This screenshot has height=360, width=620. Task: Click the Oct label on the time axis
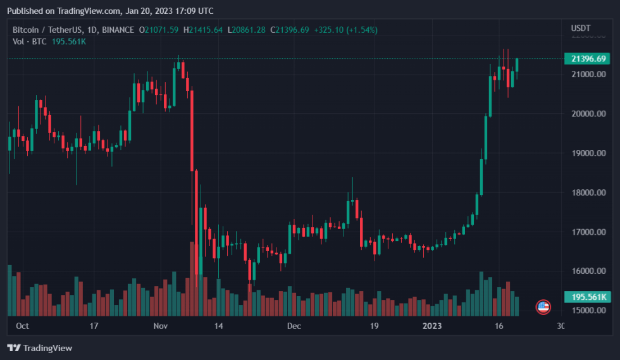pyautogui.click(x=22, y=326)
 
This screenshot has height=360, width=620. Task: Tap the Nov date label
pyautogui.click(x=160, y=326)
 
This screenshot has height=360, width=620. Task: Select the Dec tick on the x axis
pyautogui.click(x=293, y=326)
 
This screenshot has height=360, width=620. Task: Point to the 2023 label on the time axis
pyautogui.click(x=432, y=326)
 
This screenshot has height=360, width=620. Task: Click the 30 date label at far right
pyautogui.click(x=561, y=326)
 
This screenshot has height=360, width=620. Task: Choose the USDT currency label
pyautogui.click(x=580, y=28)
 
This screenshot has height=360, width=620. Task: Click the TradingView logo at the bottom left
pyautogui.click(x=39, y=348)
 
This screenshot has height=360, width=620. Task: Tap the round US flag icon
pyautogui.click(x=543, y=307)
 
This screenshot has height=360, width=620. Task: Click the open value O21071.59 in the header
pyautogui.click(x=161, y=30)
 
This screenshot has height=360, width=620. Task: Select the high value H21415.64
pyautogui.click(x=203, y=30)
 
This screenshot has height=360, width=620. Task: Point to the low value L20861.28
pyautogui.click(x=247, y=30)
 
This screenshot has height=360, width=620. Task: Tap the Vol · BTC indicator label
pyautogui.click(x=30, y=41)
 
